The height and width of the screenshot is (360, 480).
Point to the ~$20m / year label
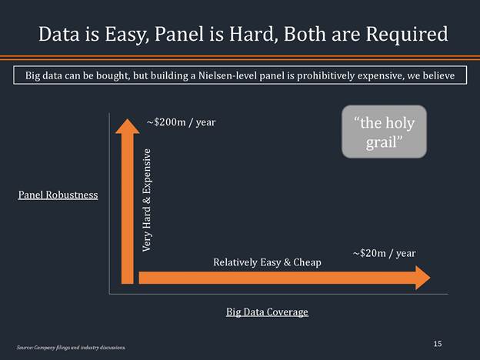384,252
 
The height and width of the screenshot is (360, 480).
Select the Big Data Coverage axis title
267,312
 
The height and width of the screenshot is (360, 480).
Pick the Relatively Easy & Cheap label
267,263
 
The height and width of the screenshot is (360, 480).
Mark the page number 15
437,344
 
